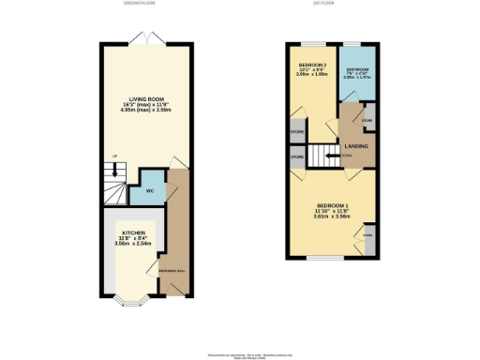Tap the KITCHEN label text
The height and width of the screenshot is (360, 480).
pyautogui.click(x=132, y=231)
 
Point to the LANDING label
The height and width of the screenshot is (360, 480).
pyautogui.click(x=356, y=145)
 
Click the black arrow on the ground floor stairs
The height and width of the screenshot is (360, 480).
pyautogui.click(x=114, y=171)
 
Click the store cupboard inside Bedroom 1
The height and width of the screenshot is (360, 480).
pyautogui.click(x=367, y=235)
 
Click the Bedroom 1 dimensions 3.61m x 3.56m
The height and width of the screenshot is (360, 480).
pyautogui.click(x=334, y=217)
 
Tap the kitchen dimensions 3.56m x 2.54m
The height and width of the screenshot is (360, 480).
pyautogui.click(x=132, y=244)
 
